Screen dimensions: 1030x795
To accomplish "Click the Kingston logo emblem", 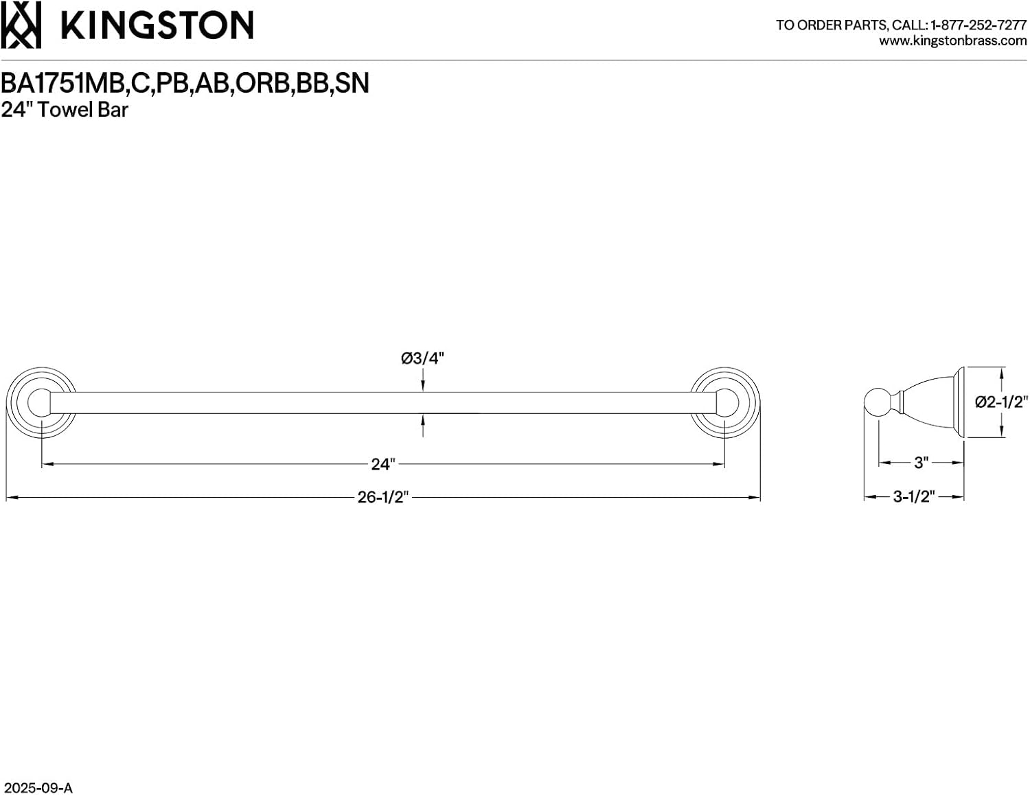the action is tap(21, 25).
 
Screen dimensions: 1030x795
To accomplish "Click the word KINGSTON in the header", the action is tap(157, 25).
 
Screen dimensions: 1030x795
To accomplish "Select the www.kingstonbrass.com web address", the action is tap(952, 41).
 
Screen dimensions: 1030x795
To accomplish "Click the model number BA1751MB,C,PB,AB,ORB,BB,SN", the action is tap(185, 83).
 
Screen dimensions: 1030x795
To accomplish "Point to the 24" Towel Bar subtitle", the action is tap(65, 110).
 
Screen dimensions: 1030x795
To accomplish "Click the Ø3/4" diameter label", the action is tap(422, 358).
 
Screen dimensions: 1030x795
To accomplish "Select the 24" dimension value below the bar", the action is tap(383, 464).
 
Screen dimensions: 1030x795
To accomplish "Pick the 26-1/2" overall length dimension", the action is tap(383, 497).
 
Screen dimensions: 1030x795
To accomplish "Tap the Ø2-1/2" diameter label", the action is tap(1001, 402).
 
